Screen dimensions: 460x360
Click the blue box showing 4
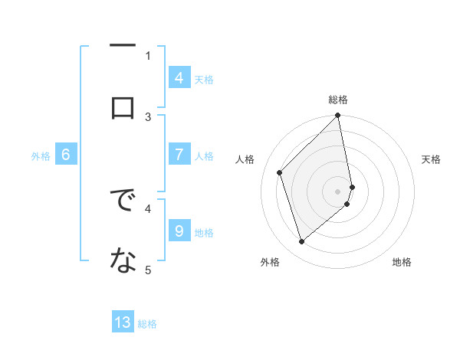coord(179,78)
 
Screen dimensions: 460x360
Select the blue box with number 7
coord(179,155)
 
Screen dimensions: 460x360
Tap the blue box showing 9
coord(179,231)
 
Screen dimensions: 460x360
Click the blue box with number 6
coord(66,155)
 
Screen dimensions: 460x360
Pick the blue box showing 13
coord(123,322)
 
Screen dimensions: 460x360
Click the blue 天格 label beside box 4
coord(204,79)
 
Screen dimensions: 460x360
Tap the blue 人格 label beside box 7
coord(204,155)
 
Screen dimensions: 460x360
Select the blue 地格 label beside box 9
coord(204,232)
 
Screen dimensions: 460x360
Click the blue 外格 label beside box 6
coord(41,155)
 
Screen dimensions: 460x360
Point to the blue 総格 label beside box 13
coord(147,323)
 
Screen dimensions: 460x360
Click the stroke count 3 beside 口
coord(149,116)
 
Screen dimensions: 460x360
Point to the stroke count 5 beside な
coord(149,270)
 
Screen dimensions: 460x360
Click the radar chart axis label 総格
coord(338,100)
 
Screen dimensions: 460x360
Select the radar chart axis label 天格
coord(432,159)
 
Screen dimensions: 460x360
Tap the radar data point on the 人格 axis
coord(280,172)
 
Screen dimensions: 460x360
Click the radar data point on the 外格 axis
coord(301,242)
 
